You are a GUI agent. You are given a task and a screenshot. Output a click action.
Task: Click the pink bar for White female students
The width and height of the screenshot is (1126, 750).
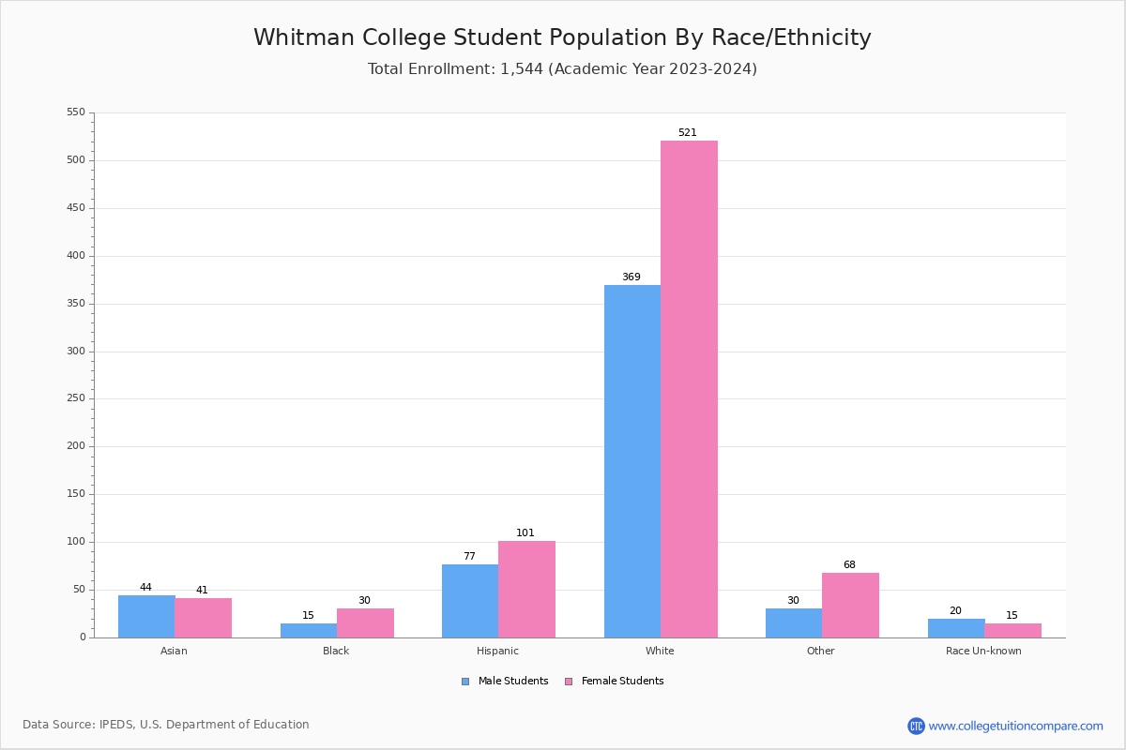(689, 389)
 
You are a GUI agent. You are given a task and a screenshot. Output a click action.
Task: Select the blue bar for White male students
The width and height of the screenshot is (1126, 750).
(632, 461)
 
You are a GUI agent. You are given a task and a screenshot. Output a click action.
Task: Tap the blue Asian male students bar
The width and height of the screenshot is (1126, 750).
(146, 616)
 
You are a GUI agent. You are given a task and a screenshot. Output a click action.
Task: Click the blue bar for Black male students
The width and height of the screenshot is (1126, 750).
(309, 630)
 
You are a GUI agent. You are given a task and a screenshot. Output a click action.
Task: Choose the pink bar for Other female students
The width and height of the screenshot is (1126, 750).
(850, 605)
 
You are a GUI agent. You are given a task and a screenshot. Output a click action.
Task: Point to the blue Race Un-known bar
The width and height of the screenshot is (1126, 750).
(956, 628)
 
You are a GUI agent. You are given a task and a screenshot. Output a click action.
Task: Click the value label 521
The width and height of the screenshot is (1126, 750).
(688, 133)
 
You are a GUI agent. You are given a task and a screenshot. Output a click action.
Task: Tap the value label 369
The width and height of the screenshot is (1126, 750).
(631, 277)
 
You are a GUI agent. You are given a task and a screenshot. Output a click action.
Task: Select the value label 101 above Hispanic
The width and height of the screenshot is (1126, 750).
(525, 533)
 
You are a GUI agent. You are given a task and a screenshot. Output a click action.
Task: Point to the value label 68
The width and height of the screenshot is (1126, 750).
(849, 565)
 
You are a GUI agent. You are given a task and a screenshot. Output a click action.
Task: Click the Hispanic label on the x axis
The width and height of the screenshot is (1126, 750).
(497, 651)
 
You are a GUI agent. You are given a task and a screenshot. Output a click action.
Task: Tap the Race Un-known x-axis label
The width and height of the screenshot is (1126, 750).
(983, 651)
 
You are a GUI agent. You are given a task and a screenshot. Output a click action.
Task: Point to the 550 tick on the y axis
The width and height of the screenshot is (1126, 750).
(76, 112)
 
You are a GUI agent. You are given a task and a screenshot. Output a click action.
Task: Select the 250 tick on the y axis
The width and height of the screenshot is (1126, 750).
(76, 398)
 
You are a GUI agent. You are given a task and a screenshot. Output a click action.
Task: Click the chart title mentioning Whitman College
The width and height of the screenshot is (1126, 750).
(562, 38)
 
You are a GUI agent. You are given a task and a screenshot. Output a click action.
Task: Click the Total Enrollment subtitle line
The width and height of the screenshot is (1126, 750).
(562, 69)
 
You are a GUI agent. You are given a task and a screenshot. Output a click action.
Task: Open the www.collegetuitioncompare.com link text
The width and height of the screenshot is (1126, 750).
(1015, 726)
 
